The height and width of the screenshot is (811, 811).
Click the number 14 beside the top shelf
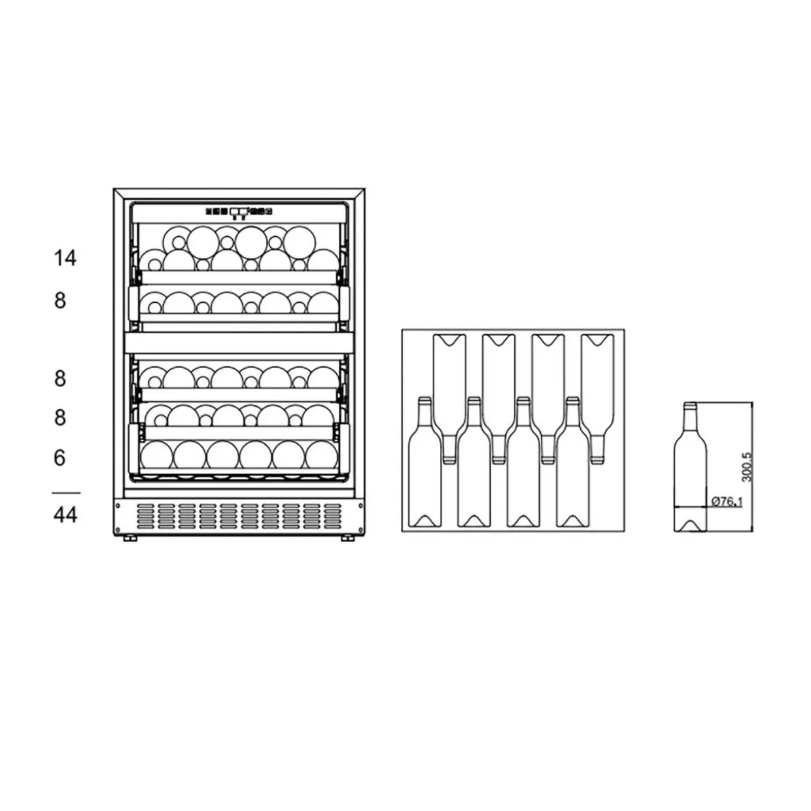click(x=65, y=258)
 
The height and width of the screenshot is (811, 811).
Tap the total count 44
click(x=65, y=515)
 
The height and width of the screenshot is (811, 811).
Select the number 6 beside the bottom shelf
click(x=60, y=458)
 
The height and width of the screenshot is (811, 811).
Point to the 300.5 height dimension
click(x=746, y=467)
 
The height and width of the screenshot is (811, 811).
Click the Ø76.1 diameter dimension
click(x=727, y=501)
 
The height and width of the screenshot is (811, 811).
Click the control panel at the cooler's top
click(x=239, y=213)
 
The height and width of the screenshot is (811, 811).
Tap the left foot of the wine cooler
click(x=130, y=538)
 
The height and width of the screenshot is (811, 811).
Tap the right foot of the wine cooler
click(x=348, y=538)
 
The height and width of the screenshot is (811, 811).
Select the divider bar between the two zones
click(x=239, y=343)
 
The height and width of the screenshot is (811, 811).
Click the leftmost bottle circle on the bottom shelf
click(x=156, y=455)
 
